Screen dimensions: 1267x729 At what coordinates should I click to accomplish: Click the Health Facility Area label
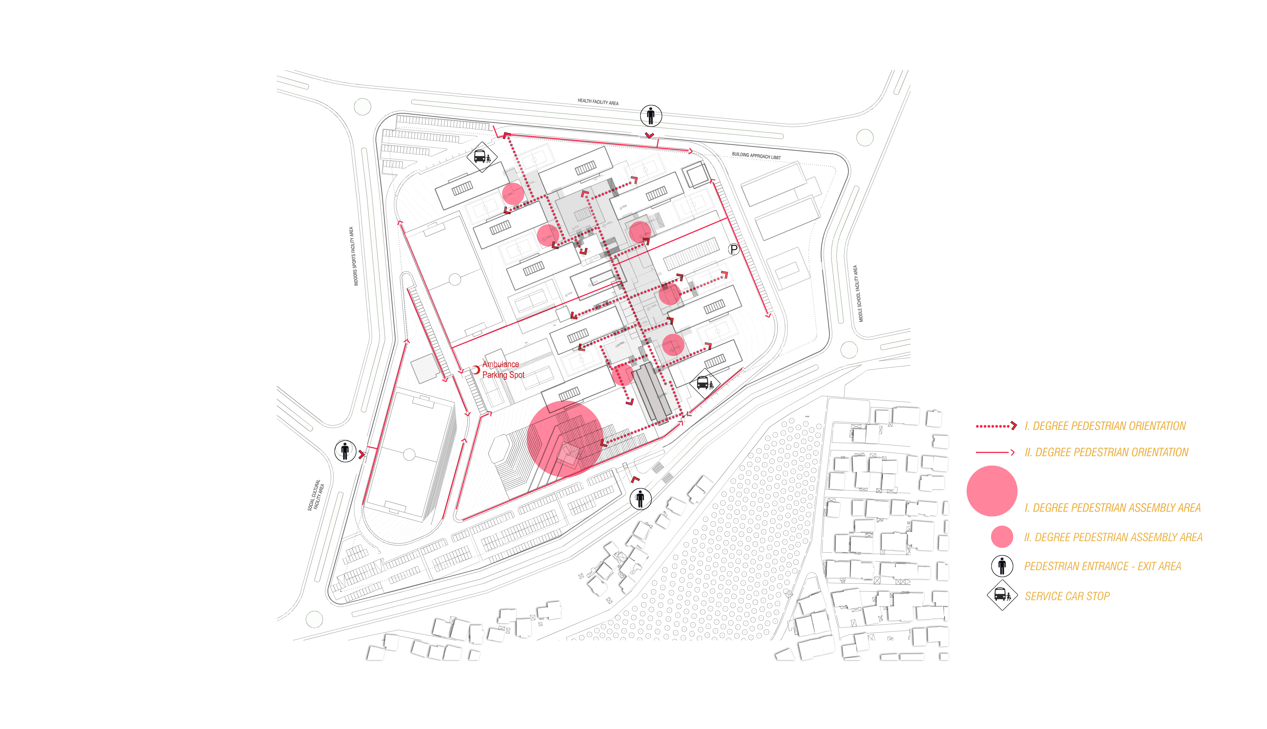pos(598,102)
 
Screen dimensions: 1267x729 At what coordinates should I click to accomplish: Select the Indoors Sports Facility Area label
pos(353,256)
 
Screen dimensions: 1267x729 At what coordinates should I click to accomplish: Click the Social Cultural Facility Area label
pos(316,495)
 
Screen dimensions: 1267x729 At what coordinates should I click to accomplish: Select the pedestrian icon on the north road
pos(650,116)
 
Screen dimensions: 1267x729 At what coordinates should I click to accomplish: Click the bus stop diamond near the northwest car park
pos(481,157)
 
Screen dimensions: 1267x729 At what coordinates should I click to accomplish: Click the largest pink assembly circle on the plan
pos(565,438)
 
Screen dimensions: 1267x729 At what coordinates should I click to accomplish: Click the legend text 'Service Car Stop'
pos(1067,596)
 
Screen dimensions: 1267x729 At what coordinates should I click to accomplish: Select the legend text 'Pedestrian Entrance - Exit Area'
pos(1102,566)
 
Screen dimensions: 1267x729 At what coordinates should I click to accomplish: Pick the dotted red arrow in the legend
pos(996,426)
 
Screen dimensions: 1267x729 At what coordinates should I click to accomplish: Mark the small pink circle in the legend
pos(1002,536)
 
